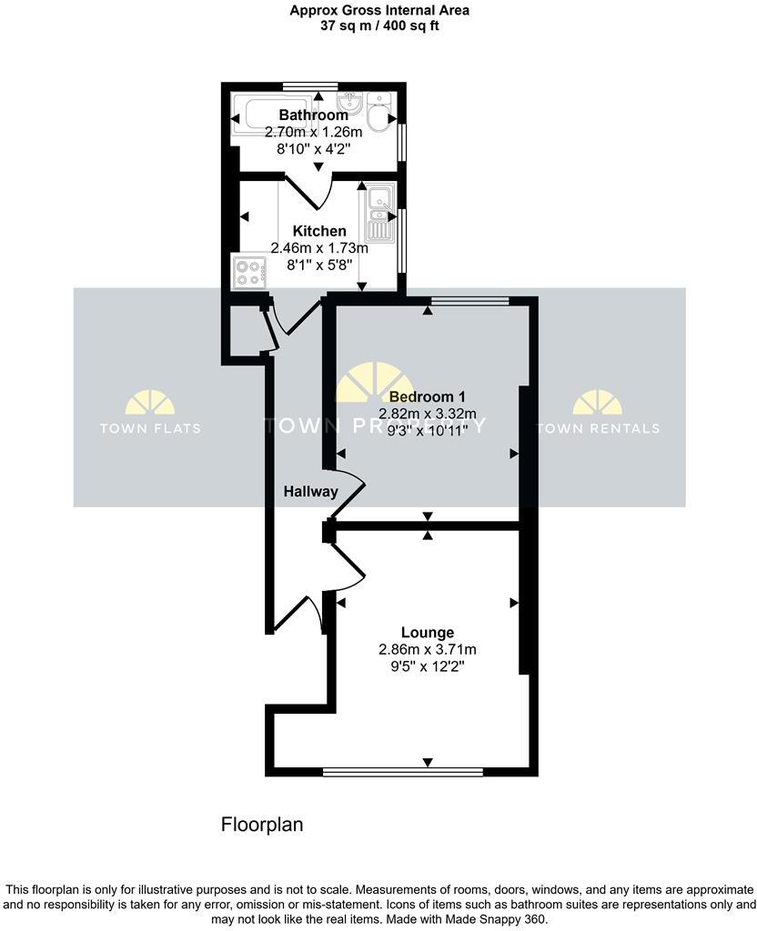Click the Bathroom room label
point(313,115)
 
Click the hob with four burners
point(249,272)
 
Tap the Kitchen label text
point(318,231)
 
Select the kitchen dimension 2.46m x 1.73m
point(318,247)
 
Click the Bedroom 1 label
point(427,396)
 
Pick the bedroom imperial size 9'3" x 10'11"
point(427,430)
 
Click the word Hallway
point(310,492)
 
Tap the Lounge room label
point(428,632)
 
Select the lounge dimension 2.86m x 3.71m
point(428,649)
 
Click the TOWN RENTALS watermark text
point(598,427)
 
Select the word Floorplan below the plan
point(262,825)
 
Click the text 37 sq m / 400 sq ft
point(378,26)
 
